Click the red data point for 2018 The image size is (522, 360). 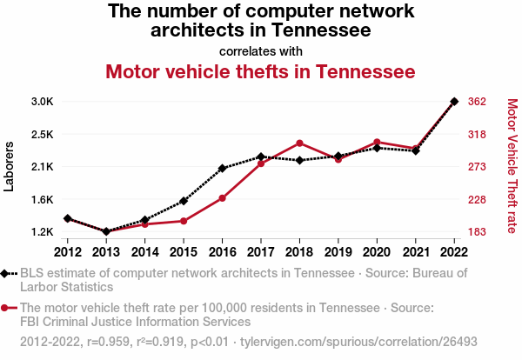299,143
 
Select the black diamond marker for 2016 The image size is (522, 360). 223,169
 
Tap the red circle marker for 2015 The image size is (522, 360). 184,221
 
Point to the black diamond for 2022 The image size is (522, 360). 454,102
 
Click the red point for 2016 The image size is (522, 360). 223,198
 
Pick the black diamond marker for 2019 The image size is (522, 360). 338,156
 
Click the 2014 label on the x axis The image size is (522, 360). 144,252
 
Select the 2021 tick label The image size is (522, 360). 416,252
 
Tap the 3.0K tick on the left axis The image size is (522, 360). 43,102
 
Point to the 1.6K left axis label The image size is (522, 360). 43,200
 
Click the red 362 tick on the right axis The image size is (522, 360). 477,102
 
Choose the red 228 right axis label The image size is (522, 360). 477,200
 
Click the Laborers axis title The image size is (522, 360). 9,167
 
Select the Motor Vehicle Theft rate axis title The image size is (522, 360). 512,166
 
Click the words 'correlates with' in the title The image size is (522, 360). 261,51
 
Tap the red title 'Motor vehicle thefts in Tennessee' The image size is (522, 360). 261,72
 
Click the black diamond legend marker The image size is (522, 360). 4,274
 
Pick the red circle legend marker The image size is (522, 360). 4,308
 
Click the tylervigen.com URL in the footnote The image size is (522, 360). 358,342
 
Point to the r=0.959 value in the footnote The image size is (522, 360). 108,342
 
